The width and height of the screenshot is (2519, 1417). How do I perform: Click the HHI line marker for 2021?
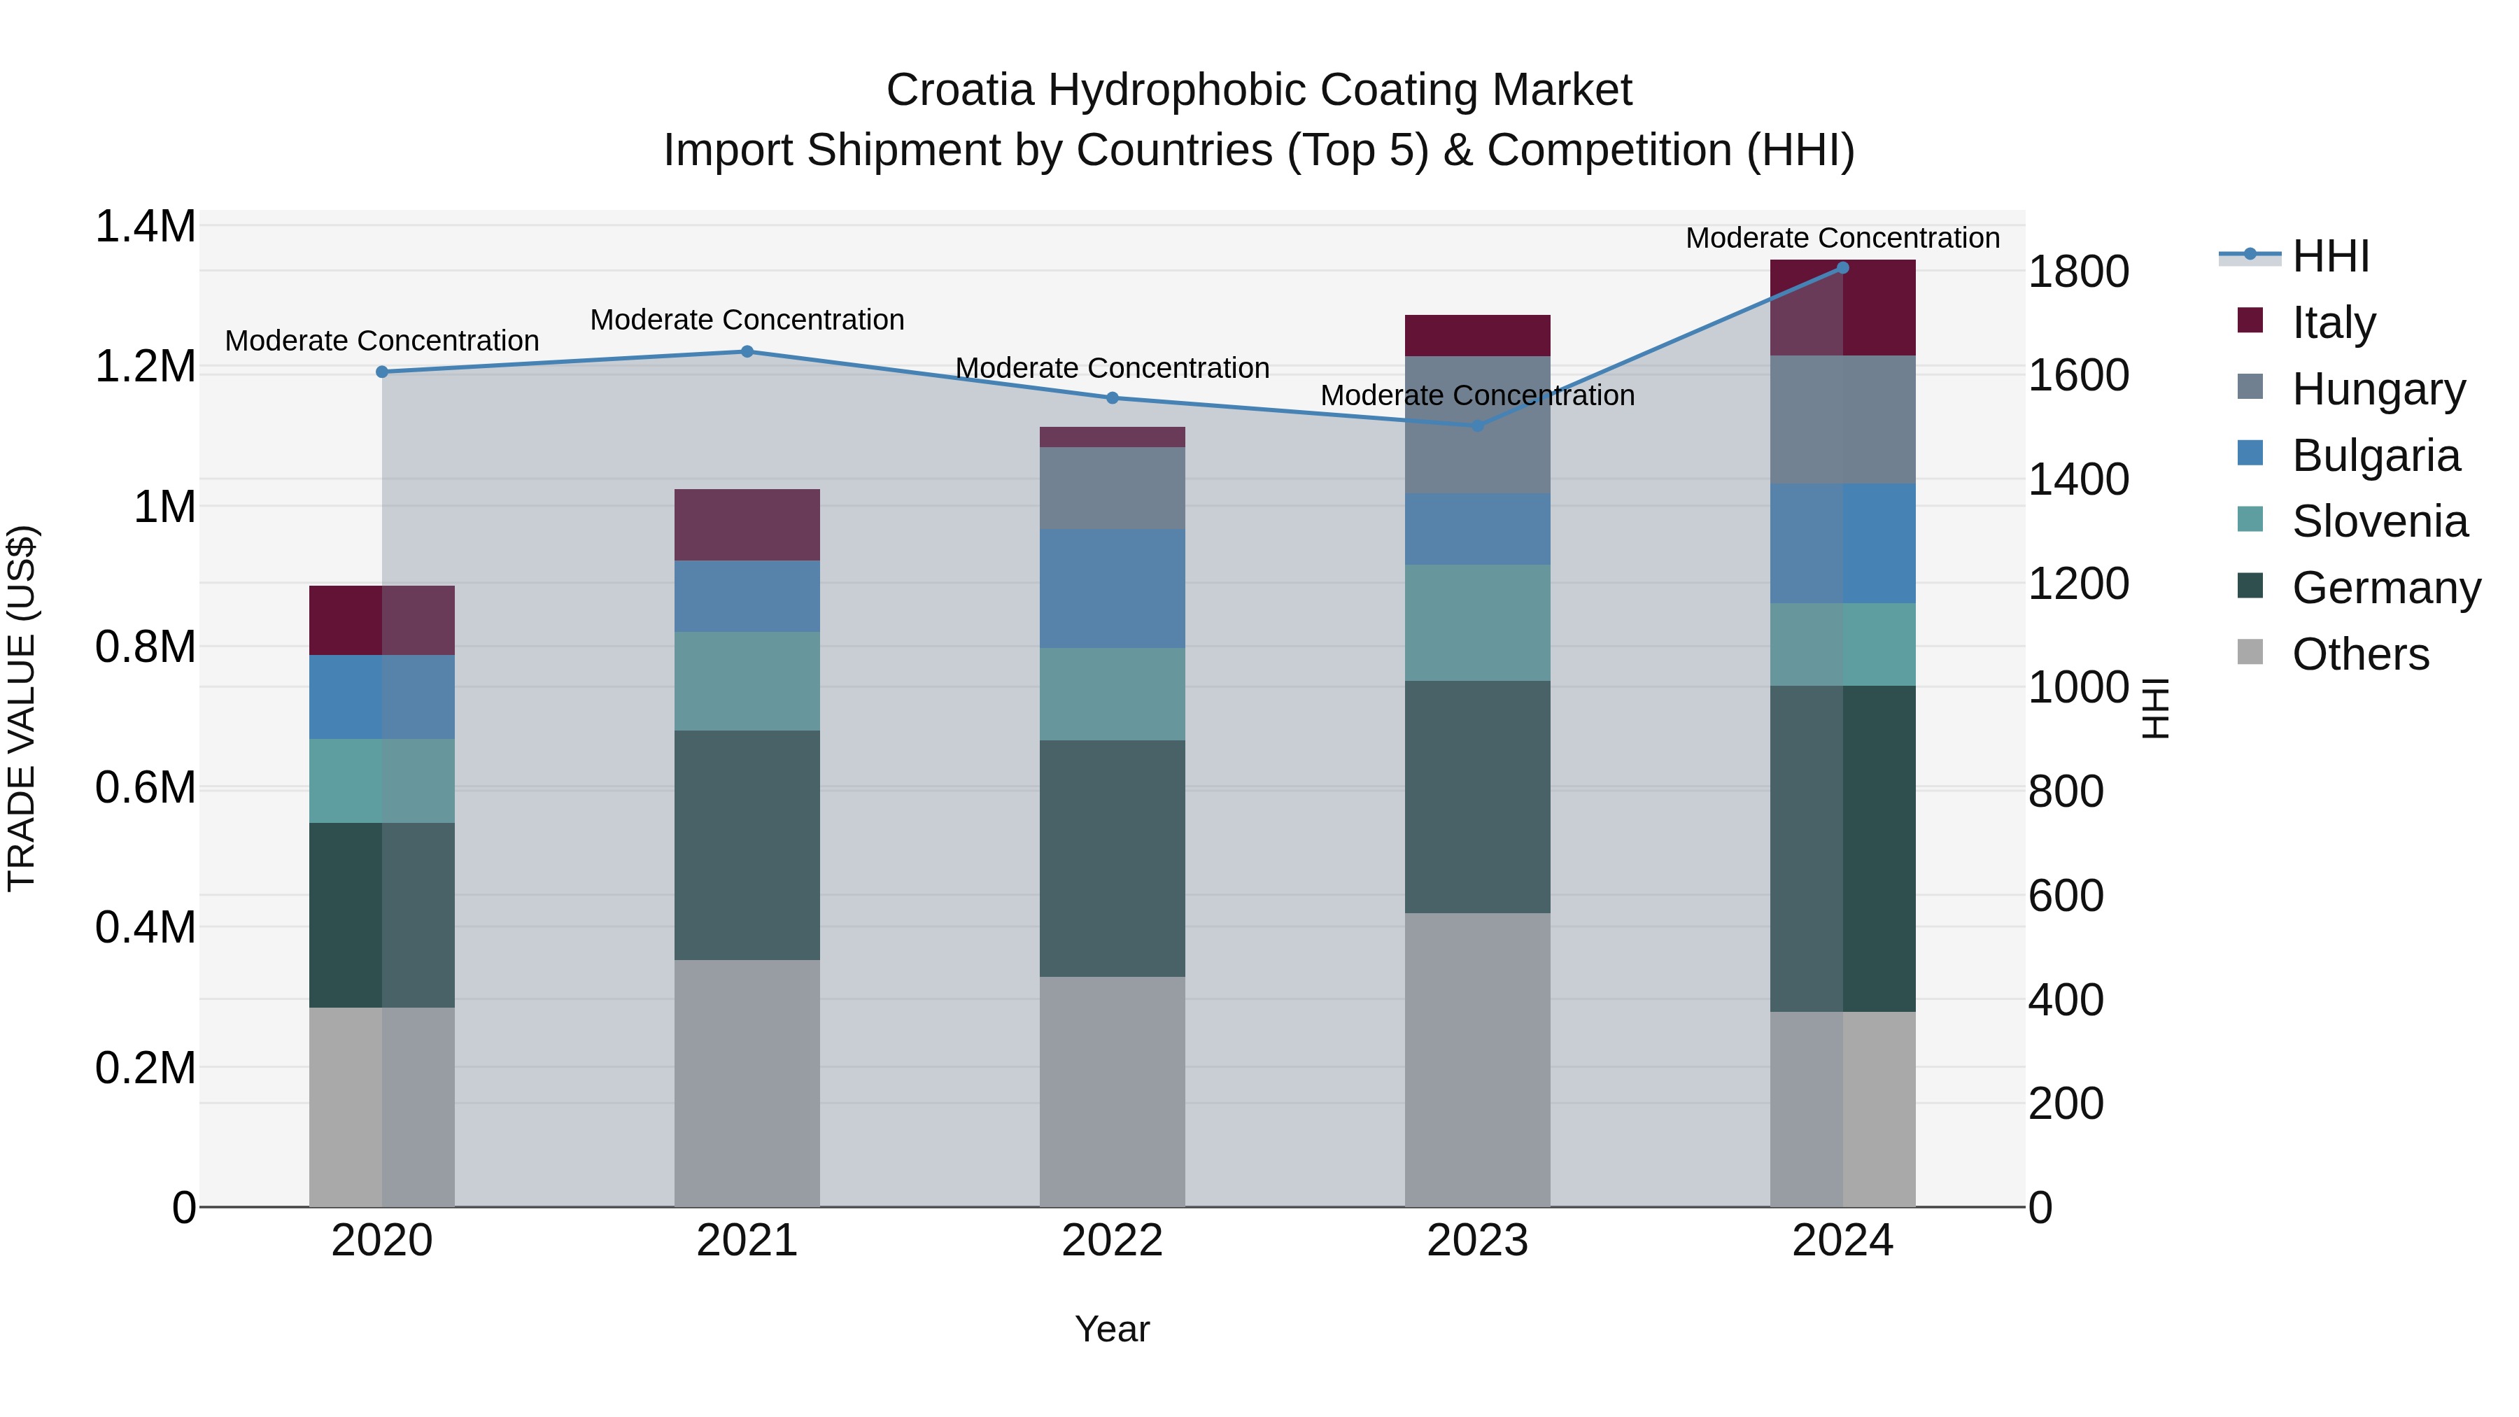pyautogui.click(x=747, y=351)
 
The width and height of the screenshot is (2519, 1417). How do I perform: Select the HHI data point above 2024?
pyautogui.click(x=1842, y=267)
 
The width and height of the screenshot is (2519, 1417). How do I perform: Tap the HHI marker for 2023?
pyautogui.click(x=1478, y=425)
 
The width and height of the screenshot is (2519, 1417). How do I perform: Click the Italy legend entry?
pyautogui.click(x=2332, y=322)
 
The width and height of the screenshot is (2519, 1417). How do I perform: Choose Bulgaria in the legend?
pyautogui.click(x=2374, y=455)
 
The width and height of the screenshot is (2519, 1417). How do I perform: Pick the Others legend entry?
pyautogui.click(x=2359, y=654)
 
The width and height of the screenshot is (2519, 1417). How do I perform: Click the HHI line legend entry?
pyautogui.click(x=2329, y=256)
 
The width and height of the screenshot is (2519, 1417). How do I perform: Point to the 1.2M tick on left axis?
pyautogui.click(x=145, y=367)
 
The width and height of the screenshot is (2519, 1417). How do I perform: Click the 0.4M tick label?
pyautogui.click(x=145, y=927)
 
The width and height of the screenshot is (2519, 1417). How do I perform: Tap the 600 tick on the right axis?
pyautogui.click(x=2066, y=895)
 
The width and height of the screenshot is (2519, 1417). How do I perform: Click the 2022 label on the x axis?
pyautogui.click(x=1112, y=1240)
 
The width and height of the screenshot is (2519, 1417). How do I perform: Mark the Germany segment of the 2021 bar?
pyautogui.click(x=747, y=844)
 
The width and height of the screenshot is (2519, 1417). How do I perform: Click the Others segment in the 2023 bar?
pyautogui.click(x=1478, y=1059)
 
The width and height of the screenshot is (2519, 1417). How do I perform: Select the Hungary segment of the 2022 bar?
pyautogui.click(x=1112, y=487)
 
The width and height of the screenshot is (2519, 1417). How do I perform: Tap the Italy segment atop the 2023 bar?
pyautogui.click(x=1478, y=334)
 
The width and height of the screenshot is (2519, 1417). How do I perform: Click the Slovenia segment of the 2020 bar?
pyautogui.click(x=381, y=780)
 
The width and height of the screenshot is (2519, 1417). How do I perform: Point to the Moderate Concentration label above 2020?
pyautogui.click(x=381, y=340)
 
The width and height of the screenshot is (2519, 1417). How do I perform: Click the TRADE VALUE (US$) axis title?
pyautogui.click(x=22, y=708)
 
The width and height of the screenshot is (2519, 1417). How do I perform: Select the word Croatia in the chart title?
pyautogui.click(x=959, y=90)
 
